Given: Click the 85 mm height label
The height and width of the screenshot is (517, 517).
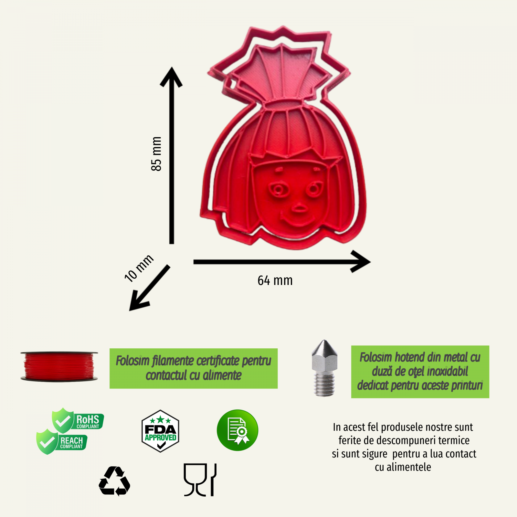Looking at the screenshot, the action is click(156, 153).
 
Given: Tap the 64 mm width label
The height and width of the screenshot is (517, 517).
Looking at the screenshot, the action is click(275, 280).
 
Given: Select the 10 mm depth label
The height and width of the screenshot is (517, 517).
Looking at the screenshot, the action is click(139, 268).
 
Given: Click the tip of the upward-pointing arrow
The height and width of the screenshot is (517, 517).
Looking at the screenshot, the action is click(172, 67).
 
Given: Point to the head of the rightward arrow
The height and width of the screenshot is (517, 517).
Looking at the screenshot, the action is click(370, 262).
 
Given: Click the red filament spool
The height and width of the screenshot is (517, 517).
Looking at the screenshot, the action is click(59, 366).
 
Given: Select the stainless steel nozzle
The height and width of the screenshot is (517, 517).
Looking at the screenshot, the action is click(324, 368).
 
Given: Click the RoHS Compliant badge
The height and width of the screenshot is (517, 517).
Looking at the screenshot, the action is click(78, 420).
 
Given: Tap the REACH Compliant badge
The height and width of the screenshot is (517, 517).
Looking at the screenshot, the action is click(62, 442).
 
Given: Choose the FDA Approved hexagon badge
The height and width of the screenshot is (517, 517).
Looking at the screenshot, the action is click(160, 431).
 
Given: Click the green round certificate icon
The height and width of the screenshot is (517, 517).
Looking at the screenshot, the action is click(237, 430).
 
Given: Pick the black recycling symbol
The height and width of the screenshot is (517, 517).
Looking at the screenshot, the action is click(114, 481).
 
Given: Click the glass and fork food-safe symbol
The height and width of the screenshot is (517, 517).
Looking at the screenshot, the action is click(200, 480).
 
